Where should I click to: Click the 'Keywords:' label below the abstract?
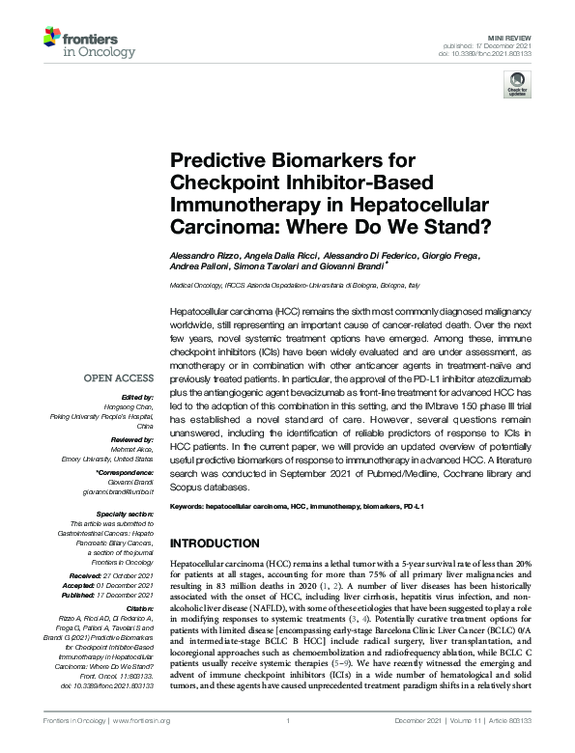pyautogui.click(x=188, y=505)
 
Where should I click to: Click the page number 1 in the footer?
pyautogui.click(x=288, y=746)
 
